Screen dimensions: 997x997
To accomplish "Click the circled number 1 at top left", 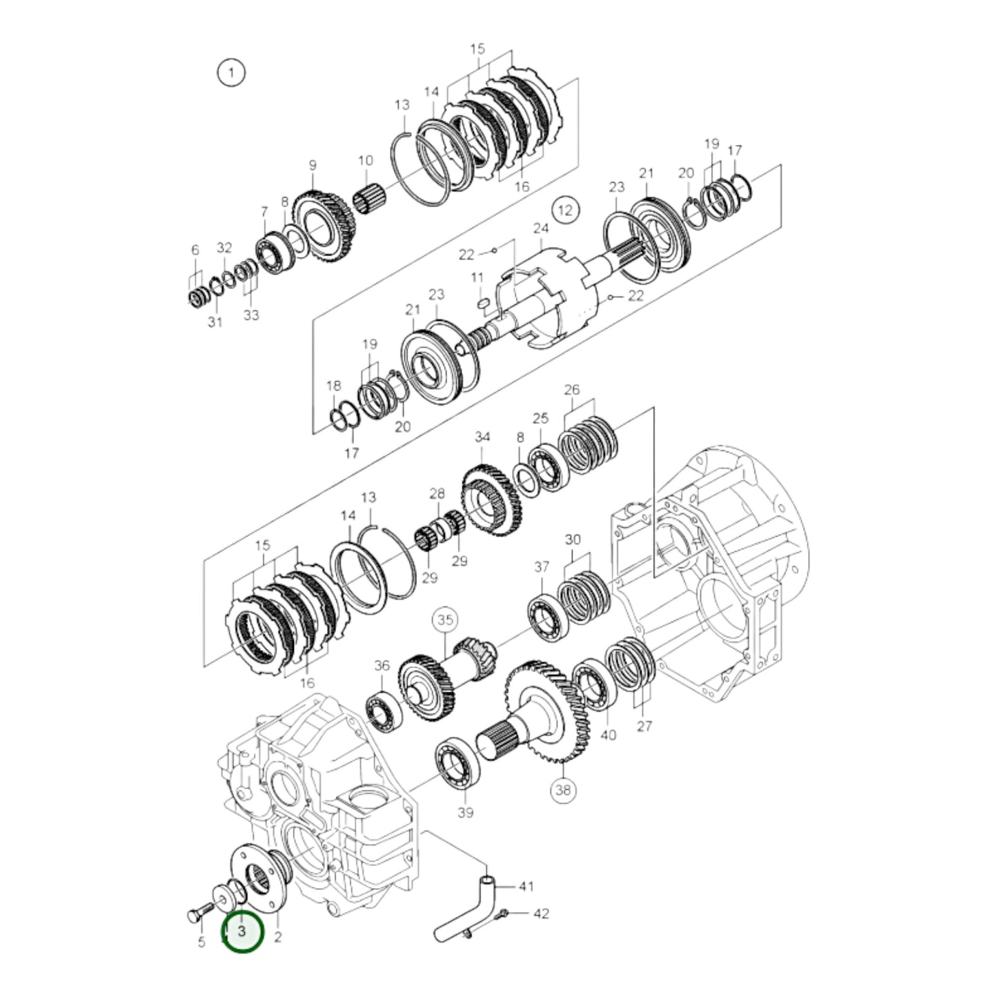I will click(x=231, y=72).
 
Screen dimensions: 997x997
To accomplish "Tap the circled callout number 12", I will click(x=565, y=210).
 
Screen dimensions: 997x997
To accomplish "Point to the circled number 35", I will click(x=445, y=620).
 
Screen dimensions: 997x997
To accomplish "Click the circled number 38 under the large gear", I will click(x=564, y=790).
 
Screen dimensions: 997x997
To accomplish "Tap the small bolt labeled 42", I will click(x=502, y=914).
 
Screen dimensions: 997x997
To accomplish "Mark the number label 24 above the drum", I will click(x=540, y=228).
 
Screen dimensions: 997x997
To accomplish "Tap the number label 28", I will click(x=437, y=493).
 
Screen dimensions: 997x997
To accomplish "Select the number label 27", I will click(x=644, y=726).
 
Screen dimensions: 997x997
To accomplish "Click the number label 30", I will click(x=573, y=540).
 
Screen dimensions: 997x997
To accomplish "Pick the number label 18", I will click(x=334, y=386).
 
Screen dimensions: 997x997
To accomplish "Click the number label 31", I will click(x=215, y=322).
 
